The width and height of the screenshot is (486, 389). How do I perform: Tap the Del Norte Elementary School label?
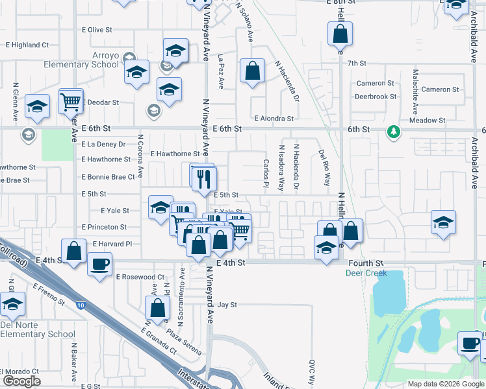pyautogui.click(x=38, y=329)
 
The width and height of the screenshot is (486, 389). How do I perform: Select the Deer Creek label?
pyautogui.click(x=361, y=273)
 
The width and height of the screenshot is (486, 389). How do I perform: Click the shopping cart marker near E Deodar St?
pyautogui.click(x=71, y=100)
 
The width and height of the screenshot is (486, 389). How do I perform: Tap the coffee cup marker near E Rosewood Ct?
pyautogui.click(x=99, y=265)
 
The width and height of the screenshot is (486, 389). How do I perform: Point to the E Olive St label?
pyautogui.click(x=97, y=30)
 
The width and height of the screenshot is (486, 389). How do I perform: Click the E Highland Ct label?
pyautogui.click(x=27, y=45)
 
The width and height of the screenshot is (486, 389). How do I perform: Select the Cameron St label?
pyautogui.click(x=375, y=83)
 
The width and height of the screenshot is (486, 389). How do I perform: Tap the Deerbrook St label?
pyautogui.click(x=376, y=97)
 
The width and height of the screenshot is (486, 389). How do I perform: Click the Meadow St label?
pyautogui.click(x=427, y=121)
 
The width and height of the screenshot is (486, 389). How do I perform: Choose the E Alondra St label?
pyautogui.click(x=274, y=119)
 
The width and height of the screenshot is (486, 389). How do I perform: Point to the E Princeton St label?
pyautogui.click(x=104, y=227)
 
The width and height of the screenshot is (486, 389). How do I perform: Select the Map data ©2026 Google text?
pyautogui.click(x=445, y=384)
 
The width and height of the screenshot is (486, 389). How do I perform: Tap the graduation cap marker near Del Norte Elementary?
pyautogui.click(x=12, y=303)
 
